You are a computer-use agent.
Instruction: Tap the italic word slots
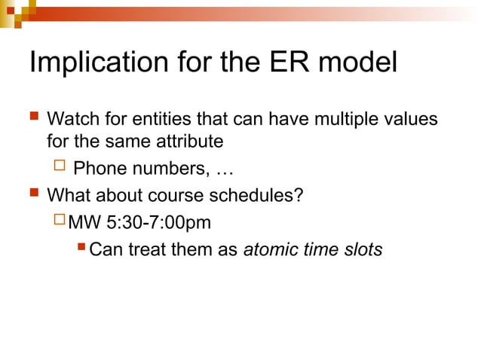click(x=363, y=249)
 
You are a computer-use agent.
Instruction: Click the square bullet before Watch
click(x=33, y=119)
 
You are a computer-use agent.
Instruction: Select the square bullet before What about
click(x=33, y=195)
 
